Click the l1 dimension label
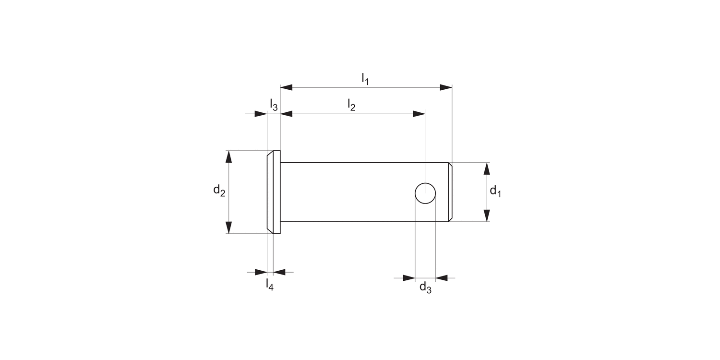365,79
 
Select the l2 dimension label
351,105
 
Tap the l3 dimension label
273,105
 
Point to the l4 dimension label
270,285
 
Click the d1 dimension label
495,192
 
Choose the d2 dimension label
219,191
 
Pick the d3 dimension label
425,288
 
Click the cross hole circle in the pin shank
425,193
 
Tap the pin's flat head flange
274,192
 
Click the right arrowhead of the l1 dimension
446,87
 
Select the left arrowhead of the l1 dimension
287,87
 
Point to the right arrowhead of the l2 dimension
419,114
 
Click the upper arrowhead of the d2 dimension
229,157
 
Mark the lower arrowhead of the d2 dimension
229,228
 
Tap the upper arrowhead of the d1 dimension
486,169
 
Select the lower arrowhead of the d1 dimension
486,215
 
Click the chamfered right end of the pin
450,192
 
